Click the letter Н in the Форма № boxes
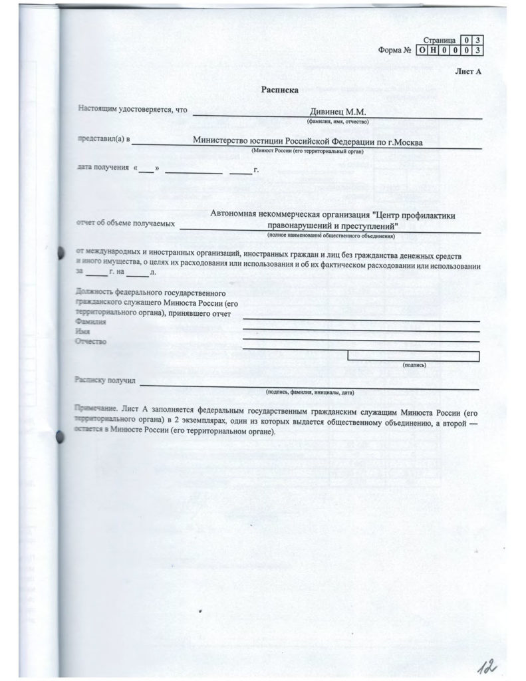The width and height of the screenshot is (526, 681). point(432,51)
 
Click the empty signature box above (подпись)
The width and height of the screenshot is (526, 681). point(412,356)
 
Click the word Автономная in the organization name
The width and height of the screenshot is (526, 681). point(238,214)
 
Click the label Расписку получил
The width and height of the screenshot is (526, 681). point(106,382)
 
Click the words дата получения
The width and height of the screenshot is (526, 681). point(104,168)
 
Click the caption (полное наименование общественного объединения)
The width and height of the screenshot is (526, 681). point(331,235)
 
